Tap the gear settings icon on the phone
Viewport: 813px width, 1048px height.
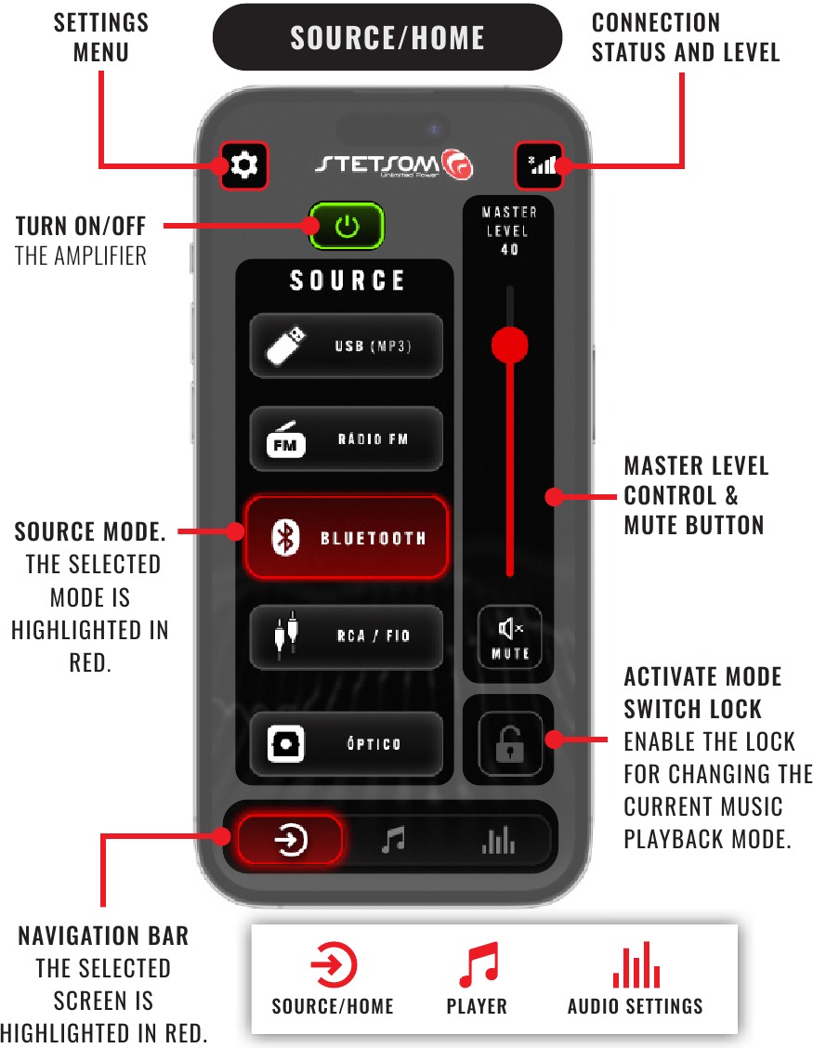(244, 165)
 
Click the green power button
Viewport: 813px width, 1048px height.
(347, 226)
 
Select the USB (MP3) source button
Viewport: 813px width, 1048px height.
(347, 346)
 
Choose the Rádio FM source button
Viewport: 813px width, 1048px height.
(347, 439)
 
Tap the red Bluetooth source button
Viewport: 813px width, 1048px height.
(347, 537)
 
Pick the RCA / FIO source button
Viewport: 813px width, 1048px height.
(347, 636)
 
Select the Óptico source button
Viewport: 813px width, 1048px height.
(347, 743)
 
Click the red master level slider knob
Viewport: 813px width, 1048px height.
(510, 345)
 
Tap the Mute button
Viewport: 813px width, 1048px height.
(509, 637)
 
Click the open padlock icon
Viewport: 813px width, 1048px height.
(510, 743)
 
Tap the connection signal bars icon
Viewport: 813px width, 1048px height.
(540, 165)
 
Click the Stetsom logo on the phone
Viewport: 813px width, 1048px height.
(394, 164)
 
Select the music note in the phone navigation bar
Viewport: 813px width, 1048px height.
(393, 839)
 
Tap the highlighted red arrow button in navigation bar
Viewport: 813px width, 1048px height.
(290, 840)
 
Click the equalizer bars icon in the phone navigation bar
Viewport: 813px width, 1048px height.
(498, 840)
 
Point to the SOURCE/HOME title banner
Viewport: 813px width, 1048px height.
(387, 37)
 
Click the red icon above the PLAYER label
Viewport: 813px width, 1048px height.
(479, 964)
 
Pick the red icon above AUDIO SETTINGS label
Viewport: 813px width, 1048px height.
(636, 964)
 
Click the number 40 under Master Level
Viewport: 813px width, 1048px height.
(509, 249)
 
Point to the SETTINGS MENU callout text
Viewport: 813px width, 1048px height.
(101, 37)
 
